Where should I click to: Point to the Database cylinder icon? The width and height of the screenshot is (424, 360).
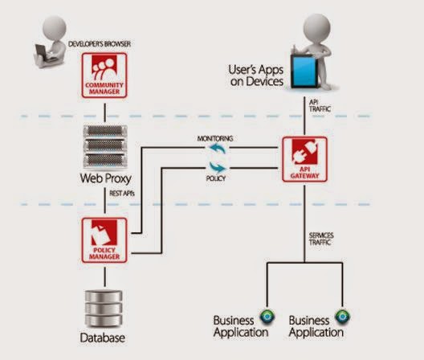[x=104, y=307]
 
